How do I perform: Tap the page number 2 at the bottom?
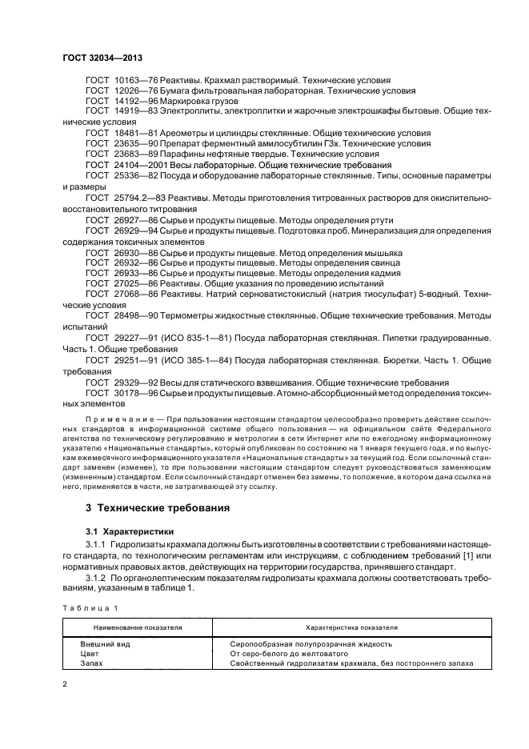click(x=66, y=686)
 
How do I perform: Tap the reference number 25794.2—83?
click(x=141, y=196)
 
